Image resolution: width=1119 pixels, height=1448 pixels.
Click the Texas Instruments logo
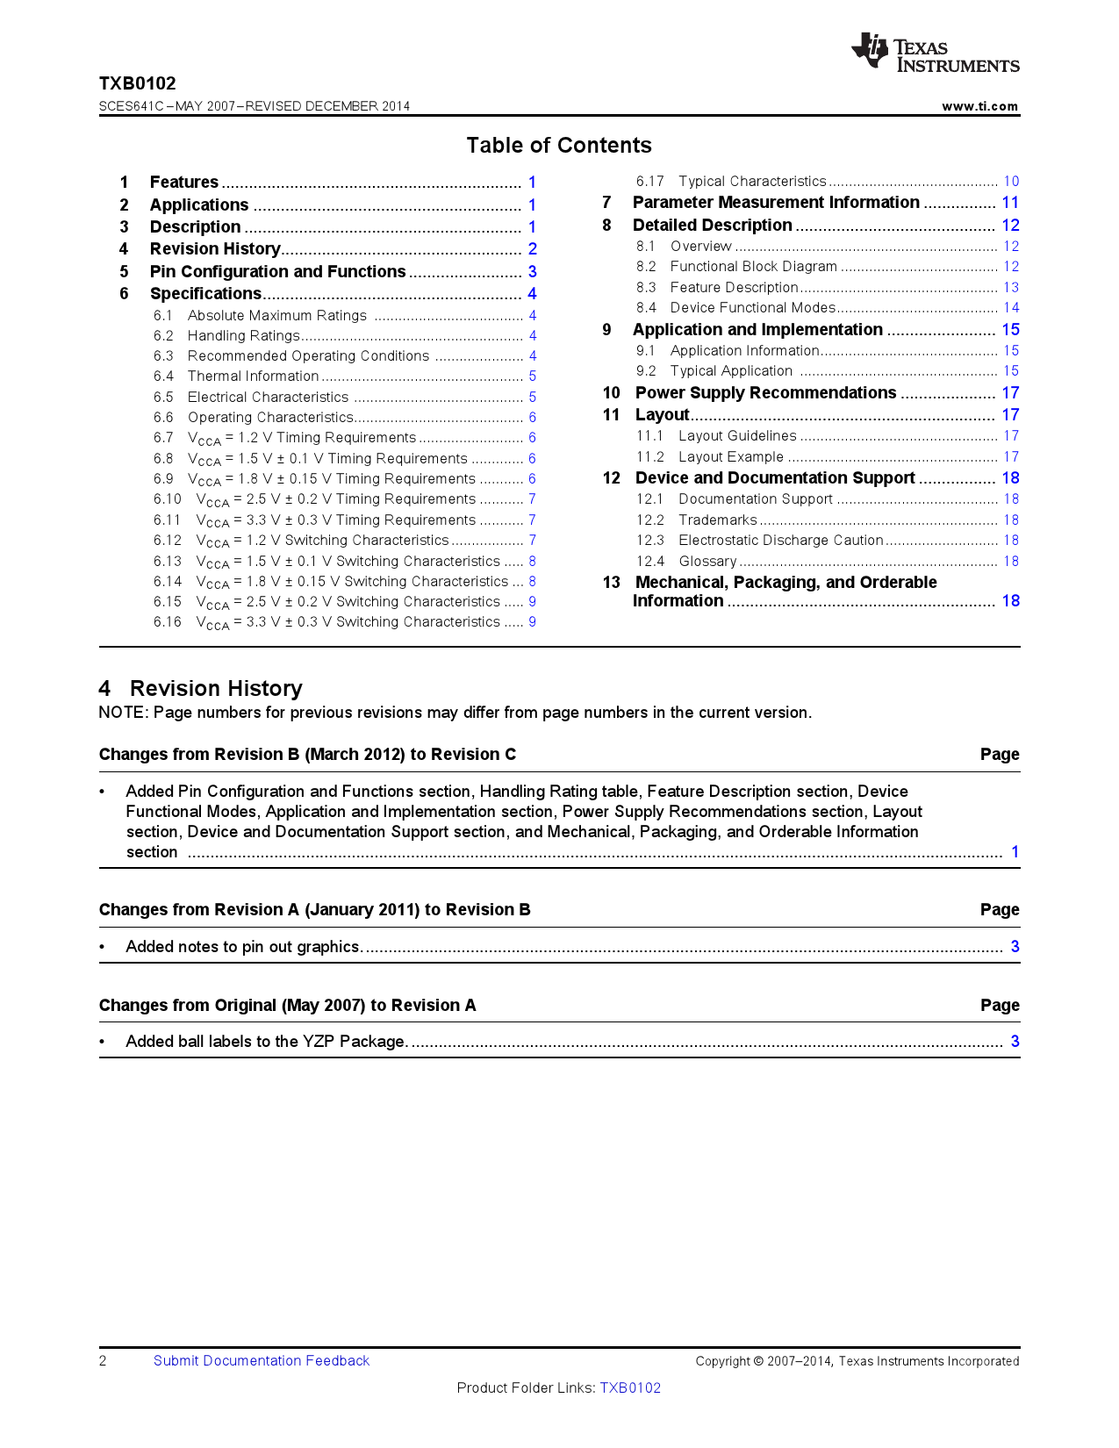tap(936, 53)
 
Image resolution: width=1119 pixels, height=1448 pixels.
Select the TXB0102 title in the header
tap(137, 83)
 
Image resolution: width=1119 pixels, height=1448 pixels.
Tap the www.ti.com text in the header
tap(979, 106)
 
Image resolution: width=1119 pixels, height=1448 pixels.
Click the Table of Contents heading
tap(559, 146)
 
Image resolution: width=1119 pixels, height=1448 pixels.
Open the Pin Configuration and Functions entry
tap(277, 272)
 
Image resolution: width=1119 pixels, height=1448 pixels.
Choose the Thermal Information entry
tap(253, 376)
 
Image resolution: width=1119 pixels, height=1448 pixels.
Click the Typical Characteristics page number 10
tap(1011, 182)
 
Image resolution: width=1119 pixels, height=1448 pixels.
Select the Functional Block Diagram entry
tap(753, 267)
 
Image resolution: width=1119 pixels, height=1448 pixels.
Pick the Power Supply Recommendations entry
tap(765, 393)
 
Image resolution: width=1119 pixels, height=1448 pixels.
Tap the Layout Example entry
tap(730, 457)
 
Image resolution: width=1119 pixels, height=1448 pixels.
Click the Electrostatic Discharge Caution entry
tap(780, 541)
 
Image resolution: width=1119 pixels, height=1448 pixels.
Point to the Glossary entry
tap(707, 562)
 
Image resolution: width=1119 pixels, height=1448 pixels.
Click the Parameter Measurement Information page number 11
tap(1010, 203)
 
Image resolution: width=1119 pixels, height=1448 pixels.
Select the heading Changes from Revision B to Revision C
tap(307, 755)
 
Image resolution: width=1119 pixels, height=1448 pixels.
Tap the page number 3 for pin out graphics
tap(1015, 947)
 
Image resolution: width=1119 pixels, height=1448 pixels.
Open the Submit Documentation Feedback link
tap(262, 1361)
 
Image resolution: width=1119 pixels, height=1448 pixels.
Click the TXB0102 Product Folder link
tap(630, 1388)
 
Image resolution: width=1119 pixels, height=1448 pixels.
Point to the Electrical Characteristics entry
tap(268, 398)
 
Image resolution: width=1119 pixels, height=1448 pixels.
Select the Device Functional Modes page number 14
tap(1011, 308)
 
